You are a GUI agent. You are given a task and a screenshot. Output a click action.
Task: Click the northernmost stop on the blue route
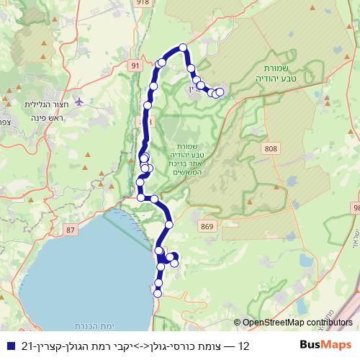tap(183, 48)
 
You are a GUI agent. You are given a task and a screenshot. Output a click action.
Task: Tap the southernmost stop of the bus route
tap(158, 293)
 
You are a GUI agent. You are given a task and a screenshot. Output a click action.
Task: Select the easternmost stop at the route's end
tap(220, 91)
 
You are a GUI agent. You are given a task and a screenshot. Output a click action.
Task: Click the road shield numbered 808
tap(271, 148)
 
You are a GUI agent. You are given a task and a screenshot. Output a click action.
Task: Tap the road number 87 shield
tap(70, 230)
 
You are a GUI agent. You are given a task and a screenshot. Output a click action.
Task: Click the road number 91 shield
tap(135, 66)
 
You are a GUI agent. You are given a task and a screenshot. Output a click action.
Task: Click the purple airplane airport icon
tap(78, 100)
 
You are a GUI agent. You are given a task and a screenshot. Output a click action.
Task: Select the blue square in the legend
tap(9, 346)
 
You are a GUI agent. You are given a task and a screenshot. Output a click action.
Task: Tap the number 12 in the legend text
tap(243, 346)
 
